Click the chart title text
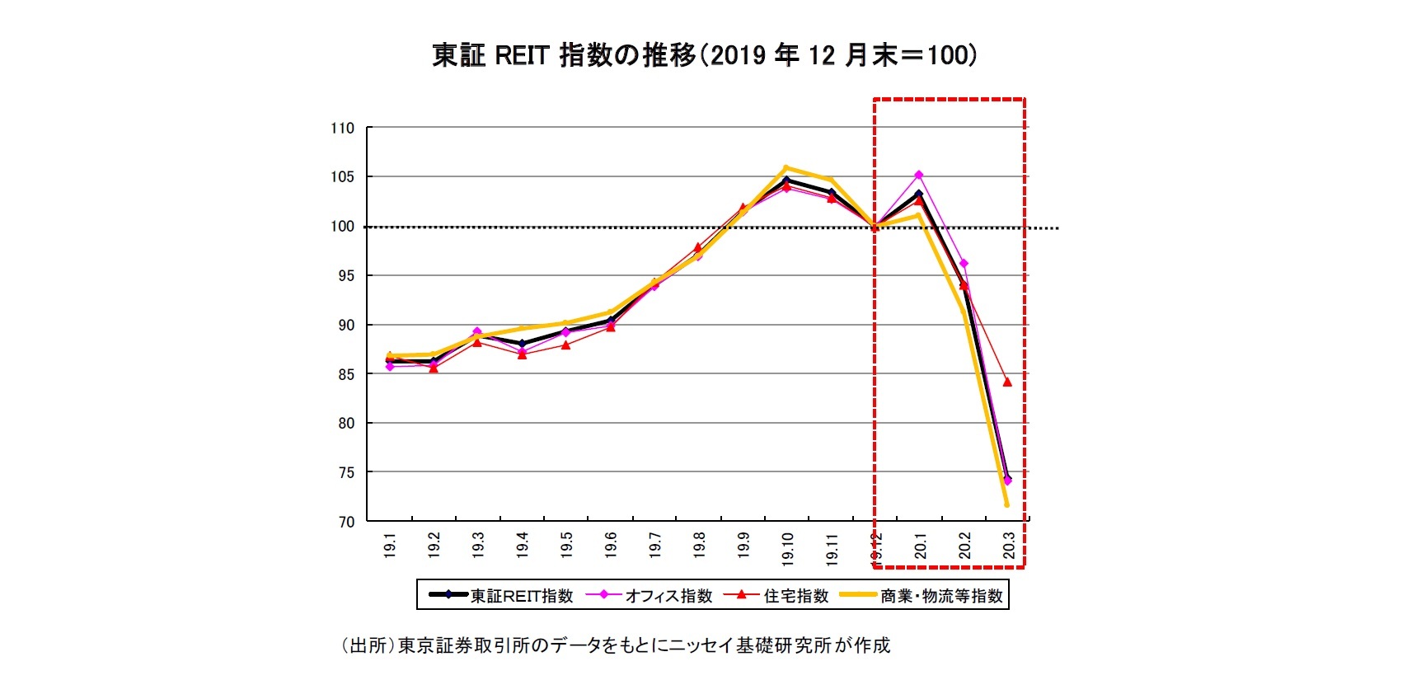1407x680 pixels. (x=704, y=55)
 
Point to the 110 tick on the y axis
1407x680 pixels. (x=342, y=128)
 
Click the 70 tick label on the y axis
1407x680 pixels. (x=345, y=522)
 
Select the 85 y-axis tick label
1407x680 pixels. (x=345, y=374)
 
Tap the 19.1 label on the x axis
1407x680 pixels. (x=390, y=546)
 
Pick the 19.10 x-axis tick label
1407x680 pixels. (x=787, y=548)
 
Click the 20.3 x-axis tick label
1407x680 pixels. (x=1009, y=546)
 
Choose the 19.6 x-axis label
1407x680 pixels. (x=611, y=546)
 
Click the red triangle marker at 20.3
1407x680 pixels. (x=1007, y=382)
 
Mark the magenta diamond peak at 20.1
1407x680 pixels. (x=918, y=175)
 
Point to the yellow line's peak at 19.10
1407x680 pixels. (x=786, y=167)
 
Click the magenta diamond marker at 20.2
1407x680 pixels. (x=964, y=264)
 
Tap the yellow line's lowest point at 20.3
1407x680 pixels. (x=1006, y=504)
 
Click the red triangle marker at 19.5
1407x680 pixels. (x=566, y=345)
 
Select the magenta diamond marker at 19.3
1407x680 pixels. (x=477, y=331)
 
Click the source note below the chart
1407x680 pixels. (x=616, y=645)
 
